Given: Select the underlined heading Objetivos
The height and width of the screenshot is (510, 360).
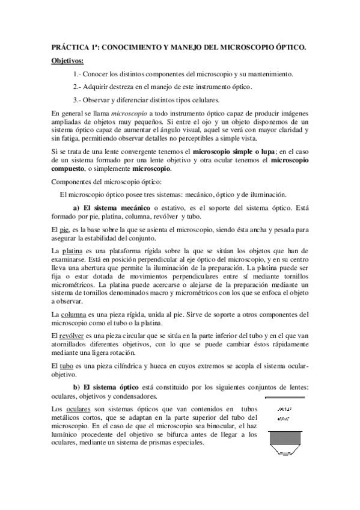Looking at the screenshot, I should click(x=67, y=60).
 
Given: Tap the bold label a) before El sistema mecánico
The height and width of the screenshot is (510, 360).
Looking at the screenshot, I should click(x=77, y=208).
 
